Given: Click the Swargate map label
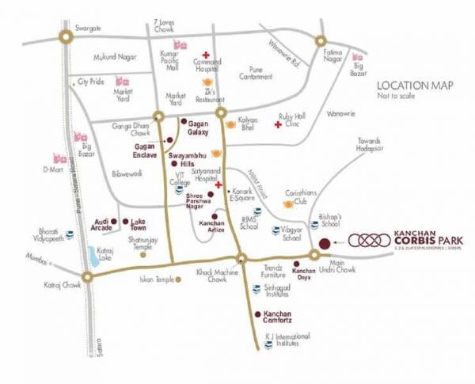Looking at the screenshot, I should [x=89, y=28].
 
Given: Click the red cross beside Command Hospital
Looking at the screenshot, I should [x=205, y=54].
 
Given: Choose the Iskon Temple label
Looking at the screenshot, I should [x=155, y=280].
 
